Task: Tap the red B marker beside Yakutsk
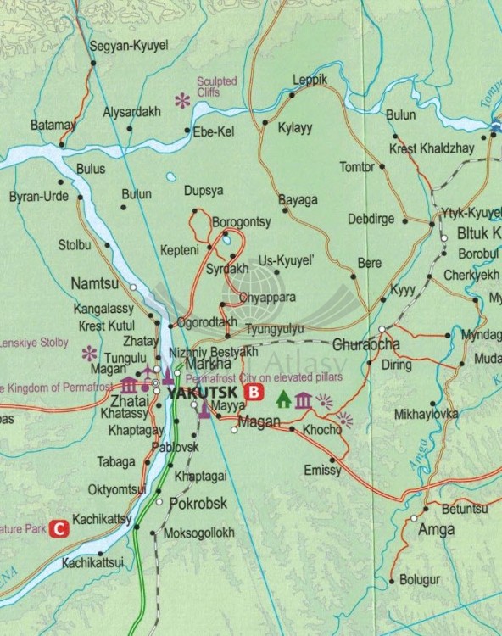click(x=253, y=393)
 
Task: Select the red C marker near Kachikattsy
click(x=59, y=528)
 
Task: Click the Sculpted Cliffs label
click(x=217, y=86)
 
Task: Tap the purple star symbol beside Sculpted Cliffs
click(x=181, y=101)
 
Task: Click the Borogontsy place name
click(x=241, y=221)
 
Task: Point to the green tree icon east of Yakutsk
click(x=282, y=398)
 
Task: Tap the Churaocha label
click(x=366, y=345)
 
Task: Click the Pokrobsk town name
click(x=198, y=503)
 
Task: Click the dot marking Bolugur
click(x=391, y=581)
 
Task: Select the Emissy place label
click(x=321, y=469)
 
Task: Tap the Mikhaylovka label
click(x=426, y=415)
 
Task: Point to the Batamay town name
click(x=53, y=125)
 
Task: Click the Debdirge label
click(x=371, y=219)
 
